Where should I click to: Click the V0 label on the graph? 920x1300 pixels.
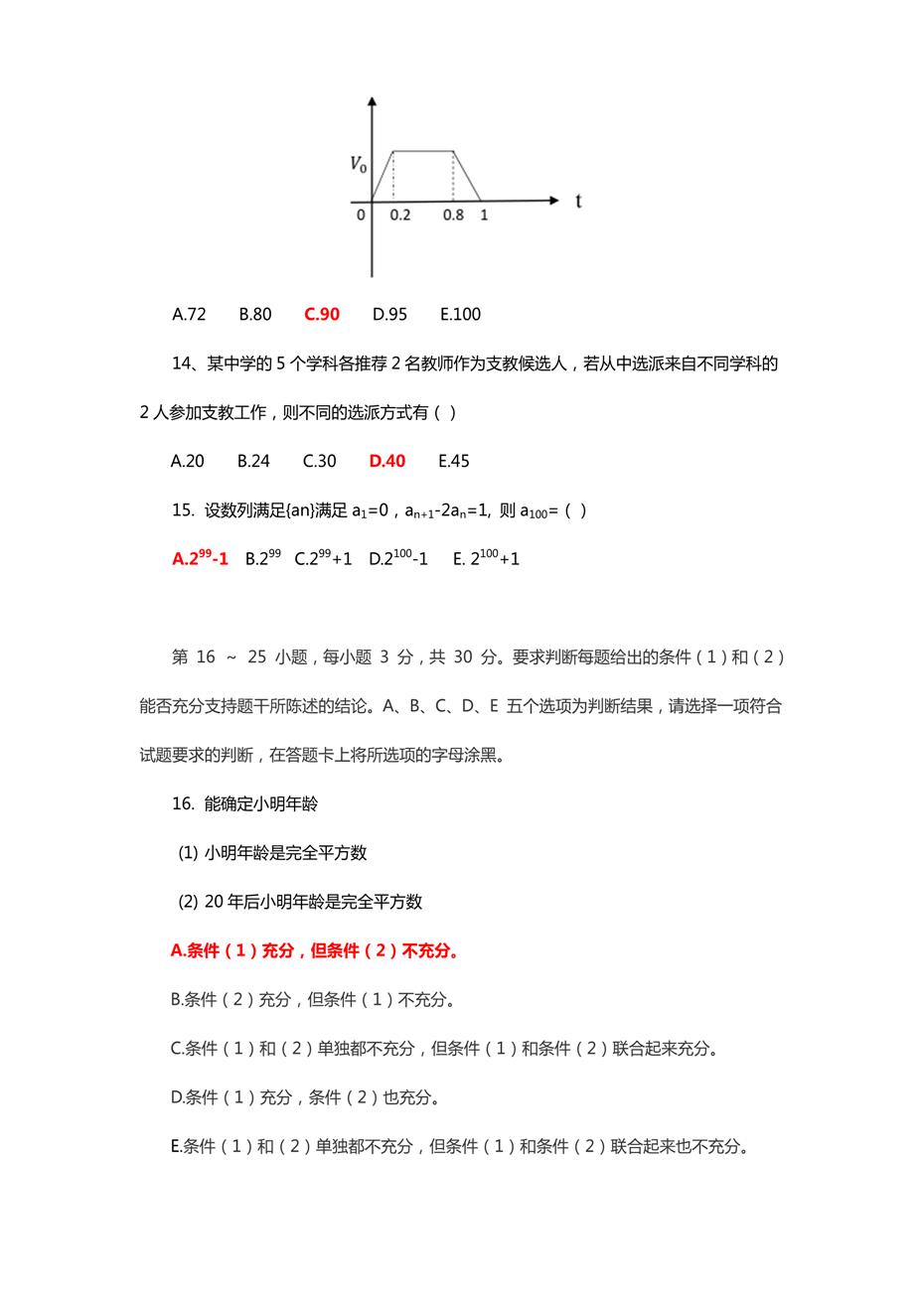coord(358,164)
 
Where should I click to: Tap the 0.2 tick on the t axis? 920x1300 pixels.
coord(399,215)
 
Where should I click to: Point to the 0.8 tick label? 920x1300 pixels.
coord(453,215)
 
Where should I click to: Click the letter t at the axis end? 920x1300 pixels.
coord(578,201)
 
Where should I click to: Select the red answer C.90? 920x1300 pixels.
coord(322,315)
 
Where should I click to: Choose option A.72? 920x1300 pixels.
coord(189,315)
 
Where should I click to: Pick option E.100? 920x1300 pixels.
coord(460,315)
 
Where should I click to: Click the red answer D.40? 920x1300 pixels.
coord(387,461)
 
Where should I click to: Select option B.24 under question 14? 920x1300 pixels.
coord(253,461)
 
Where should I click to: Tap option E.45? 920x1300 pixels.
coord(453,461)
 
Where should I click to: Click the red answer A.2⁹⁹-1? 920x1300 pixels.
coord(200,558)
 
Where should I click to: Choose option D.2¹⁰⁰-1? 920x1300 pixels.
coord(398,558)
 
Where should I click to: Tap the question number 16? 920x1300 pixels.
coord(183,803)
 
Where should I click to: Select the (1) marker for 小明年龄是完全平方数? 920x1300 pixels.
coord(188,853)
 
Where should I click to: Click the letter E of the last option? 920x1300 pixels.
coord(177,1147)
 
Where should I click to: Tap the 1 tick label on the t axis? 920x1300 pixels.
coord(484,215)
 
